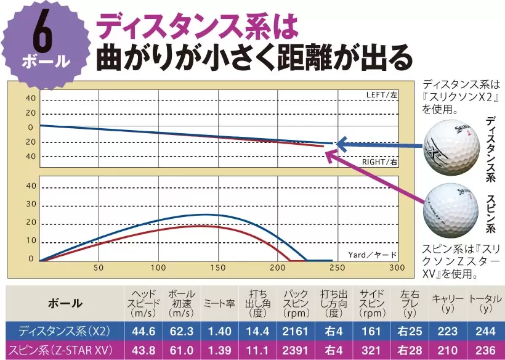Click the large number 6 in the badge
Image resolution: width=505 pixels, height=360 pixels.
41,35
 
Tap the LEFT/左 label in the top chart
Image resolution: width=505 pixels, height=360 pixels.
382,95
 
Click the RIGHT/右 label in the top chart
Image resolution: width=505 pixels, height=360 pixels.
379,162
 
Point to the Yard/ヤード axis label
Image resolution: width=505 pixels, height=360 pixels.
373,254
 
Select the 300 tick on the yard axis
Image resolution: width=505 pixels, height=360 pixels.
397,268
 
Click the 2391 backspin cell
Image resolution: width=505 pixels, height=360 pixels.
295,350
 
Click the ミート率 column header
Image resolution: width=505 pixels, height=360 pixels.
219,303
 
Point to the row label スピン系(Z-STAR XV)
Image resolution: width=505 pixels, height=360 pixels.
64,350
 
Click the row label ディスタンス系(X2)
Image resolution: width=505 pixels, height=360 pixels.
64,332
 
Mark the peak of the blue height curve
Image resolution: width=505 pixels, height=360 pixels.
208,215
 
